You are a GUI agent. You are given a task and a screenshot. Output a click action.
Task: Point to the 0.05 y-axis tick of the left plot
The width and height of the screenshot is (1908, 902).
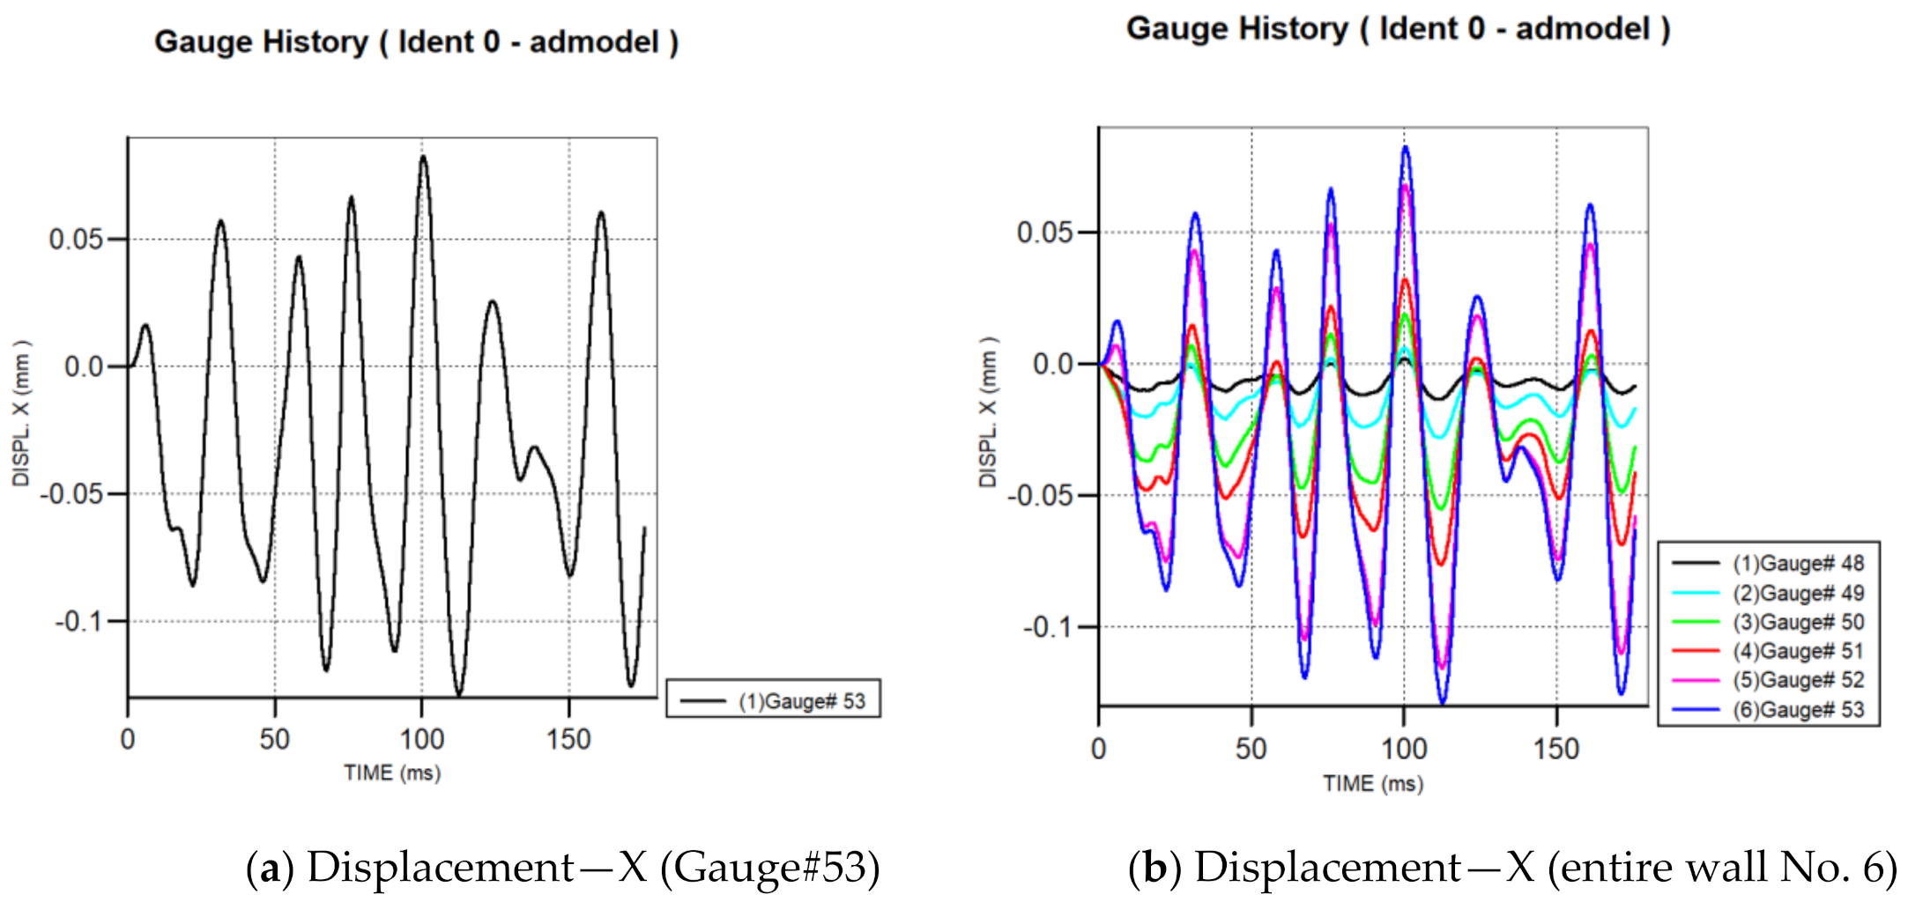point(76,239)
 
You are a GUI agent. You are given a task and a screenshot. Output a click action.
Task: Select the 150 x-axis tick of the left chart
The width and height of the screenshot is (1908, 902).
point(568,739)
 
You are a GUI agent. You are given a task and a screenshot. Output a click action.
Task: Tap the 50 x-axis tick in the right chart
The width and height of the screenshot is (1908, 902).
point(1251,749)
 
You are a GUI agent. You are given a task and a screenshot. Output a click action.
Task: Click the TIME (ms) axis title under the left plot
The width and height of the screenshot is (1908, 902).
point(392,773)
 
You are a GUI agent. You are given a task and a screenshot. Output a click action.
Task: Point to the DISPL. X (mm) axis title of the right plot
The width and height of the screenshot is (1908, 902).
point(988,412)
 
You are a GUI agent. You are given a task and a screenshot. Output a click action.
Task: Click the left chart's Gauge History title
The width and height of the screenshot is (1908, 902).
point(416,41)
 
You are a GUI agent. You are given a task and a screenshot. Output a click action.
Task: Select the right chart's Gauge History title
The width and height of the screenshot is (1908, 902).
point(1398,28)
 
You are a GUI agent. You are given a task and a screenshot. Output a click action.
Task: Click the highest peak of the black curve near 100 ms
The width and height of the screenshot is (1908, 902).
point(423,157)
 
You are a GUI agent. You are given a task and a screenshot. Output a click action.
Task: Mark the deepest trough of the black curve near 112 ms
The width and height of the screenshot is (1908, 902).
point(458,694)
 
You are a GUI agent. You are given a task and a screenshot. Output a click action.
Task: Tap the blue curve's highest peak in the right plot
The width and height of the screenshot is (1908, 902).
point(1406,147)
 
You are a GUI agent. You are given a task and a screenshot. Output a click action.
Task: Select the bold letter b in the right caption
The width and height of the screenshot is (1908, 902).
point(1154,868)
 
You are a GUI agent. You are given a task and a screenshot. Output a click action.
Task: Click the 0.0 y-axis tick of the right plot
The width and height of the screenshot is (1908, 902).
point(1052,364)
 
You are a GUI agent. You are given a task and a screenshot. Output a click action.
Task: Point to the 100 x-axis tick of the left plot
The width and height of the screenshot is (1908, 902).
point(422,739)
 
